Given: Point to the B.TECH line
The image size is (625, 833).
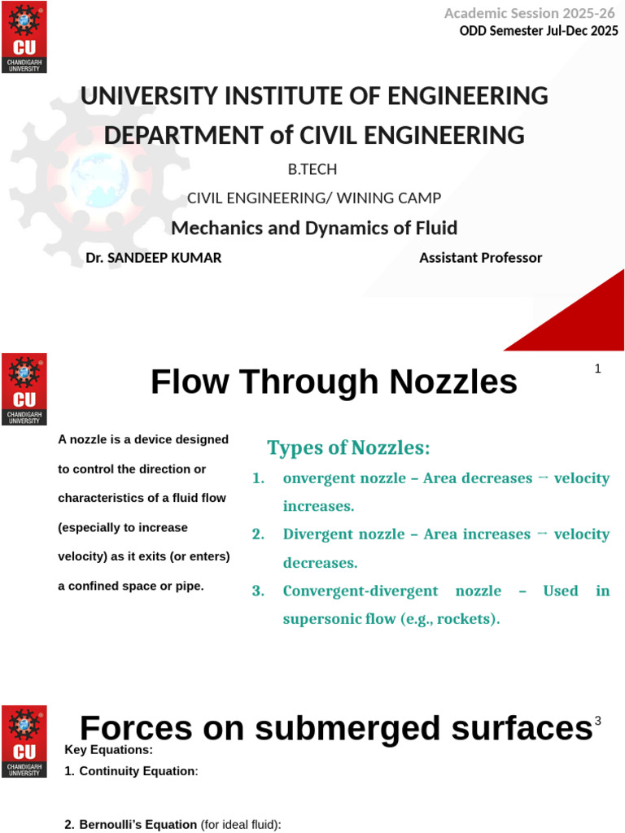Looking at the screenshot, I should tap(312, 170).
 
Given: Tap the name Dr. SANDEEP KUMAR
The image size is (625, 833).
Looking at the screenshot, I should tap(153, 258).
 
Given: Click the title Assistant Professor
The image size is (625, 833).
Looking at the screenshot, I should tap(480, 258).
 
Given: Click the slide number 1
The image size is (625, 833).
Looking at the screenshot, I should tap(597, 369).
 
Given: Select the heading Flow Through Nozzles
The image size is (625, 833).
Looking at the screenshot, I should tap(334, 382).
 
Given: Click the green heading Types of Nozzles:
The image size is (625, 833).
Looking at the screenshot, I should tap(348, 447).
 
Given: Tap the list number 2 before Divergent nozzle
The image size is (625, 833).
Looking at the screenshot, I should tap(258, 534).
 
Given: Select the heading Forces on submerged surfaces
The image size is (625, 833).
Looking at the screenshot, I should tap(335, 728).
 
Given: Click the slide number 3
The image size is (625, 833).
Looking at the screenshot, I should tap(597, 721).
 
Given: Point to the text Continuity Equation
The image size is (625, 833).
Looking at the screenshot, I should tap(137, 770).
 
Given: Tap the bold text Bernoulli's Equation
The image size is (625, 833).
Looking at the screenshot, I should tap(138, 824).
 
